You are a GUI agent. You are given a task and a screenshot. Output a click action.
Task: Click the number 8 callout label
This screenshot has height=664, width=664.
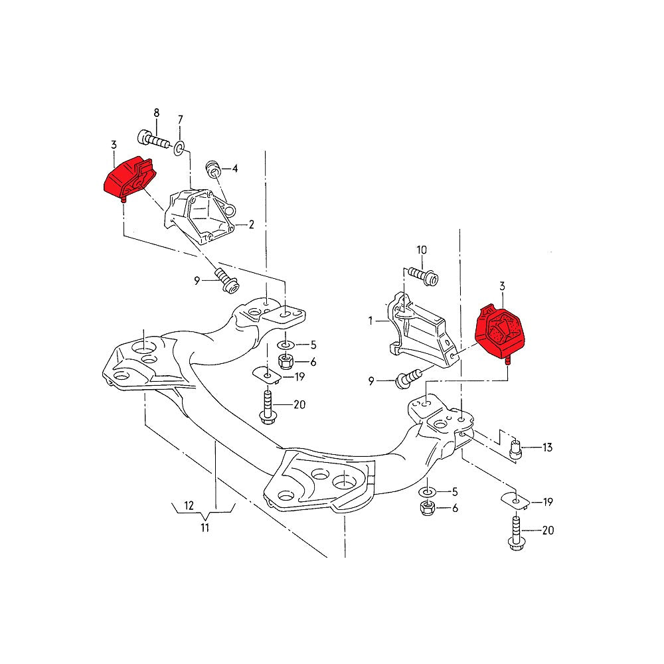157,112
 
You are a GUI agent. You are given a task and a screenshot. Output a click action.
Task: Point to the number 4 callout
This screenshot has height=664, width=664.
234,169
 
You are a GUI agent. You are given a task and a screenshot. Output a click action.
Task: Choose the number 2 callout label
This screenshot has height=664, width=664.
252,224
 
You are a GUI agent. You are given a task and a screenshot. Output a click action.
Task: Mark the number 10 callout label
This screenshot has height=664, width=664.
422,250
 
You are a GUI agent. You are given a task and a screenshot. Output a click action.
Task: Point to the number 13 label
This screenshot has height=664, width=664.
547,448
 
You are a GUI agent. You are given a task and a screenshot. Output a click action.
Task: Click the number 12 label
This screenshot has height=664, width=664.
189,506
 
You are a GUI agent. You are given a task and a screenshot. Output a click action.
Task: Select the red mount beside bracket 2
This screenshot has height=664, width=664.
129,178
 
